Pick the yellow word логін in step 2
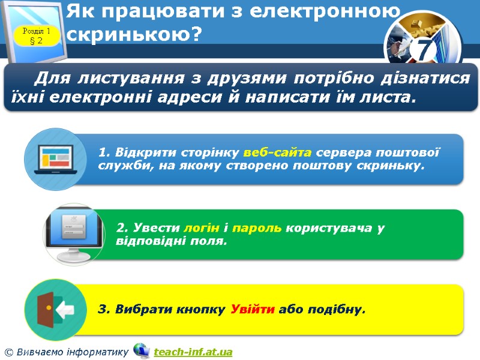(x=202, y=228)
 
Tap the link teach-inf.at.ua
(x=193, y=352)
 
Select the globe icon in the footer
(x=142, y=350)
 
